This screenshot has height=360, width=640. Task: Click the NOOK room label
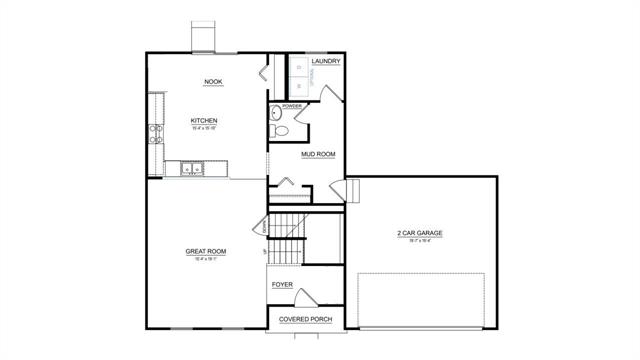212,81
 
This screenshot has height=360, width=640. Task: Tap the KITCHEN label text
204,121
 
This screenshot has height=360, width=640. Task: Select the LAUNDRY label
326,62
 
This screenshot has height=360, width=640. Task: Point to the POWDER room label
292,106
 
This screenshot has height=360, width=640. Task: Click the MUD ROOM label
318,154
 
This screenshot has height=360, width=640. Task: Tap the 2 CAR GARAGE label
419,233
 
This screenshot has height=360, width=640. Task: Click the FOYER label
282,284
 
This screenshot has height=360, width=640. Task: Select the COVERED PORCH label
306,319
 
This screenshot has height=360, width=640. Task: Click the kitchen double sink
192,168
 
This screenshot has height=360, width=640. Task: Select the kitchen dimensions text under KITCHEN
204,129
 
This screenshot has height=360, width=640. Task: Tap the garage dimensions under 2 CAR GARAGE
419,241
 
